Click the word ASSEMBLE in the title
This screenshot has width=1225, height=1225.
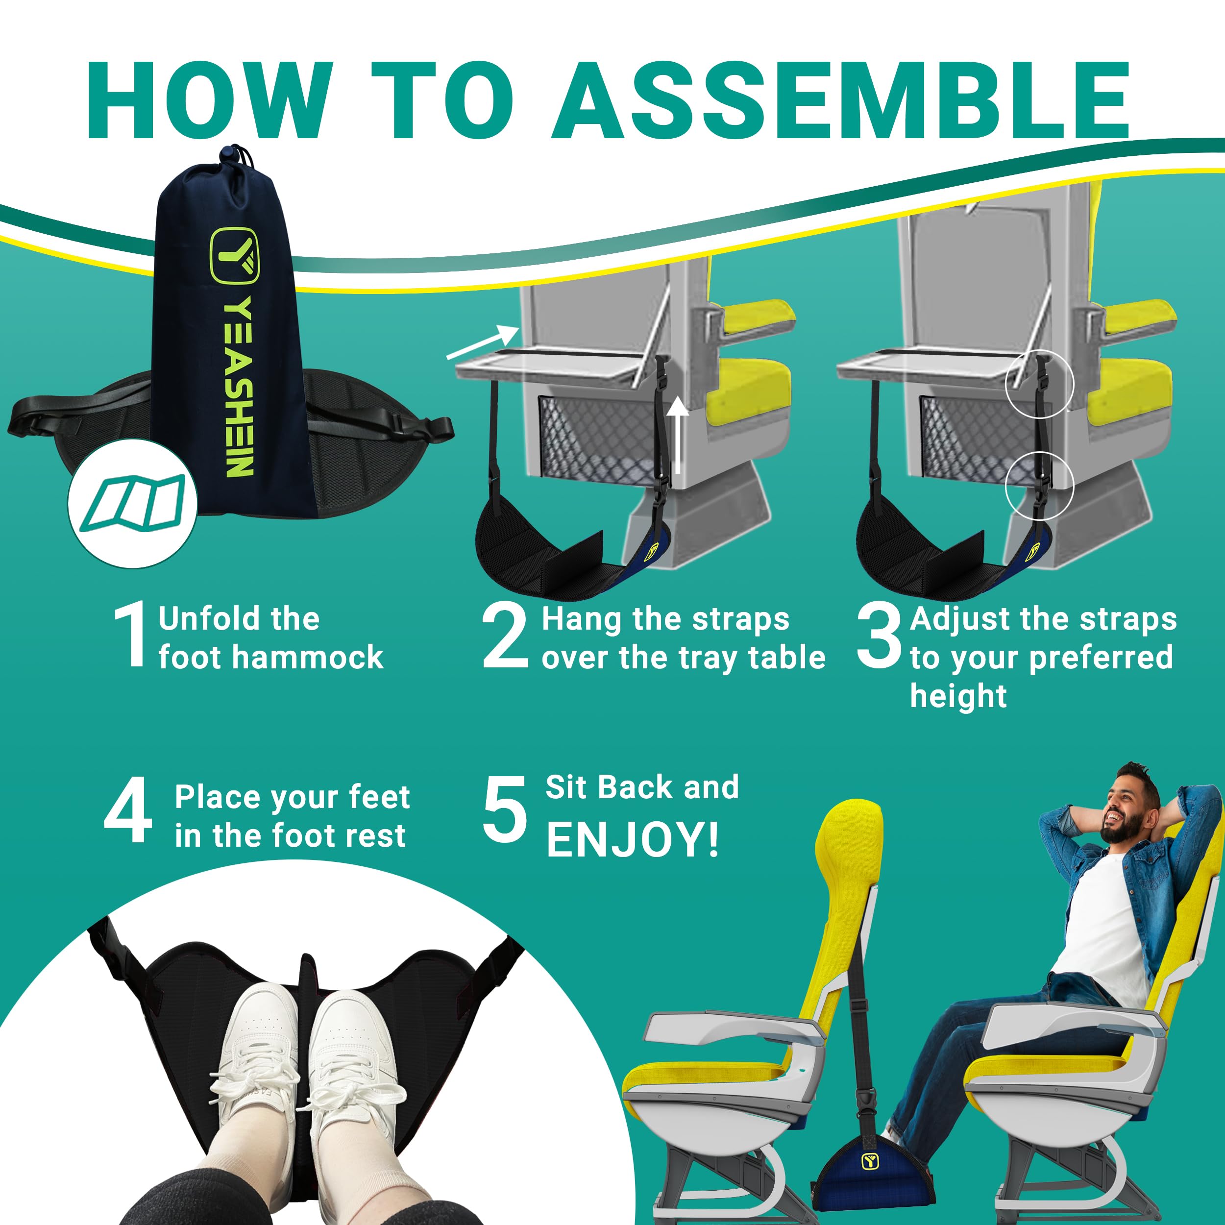(x=841, y=101)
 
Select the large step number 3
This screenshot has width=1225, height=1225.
(x=878, y=636)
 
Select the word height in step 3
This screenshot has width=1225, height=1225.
(x=958, y=696)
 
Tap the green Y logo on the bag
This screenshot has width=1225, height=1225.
(x=235, y=255)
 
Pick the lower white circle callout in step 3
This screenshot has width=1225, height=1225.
(x=1039, y=486)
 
